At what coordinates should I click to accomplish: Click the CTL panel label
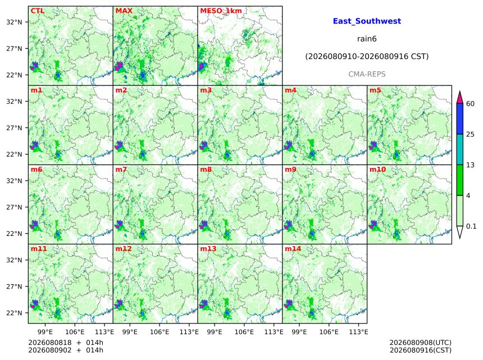point(38,11)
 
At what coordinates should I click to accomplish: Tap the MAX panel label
point(124,11)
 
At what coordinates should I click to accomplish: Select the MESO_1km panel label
point(221,11)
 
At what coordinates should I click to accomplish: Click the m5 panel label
point(375,90)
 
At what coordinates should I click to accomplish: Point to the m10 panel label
point(377,170)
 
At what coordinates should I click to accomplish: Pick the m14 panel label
point(293,249)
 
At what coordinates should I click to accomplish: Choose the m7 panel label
point(121,170)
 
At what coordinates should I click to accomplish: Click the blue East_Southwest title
point(367,21)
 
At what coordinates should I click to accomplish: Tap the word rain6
point(367,39)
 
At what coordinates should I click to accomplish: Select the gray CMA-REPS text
point(367,74)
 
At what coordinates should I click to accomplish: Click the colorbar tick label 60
point(470,104)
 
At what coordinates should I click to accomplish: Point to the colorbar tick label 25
point(470,134)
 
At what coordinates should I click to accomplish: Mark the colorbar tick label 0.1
point(471,226)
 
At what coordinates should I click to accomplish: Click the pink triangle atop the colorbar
point(460,98)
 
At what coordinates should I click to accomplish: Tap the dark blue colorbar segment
point(460,119)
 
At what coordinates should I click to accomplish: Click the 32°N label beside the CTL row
point(14,22)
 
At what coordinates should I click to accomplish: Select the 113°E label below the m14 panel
point(358,332)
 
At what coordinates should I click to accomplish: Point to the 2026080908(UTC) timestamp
point(421,343)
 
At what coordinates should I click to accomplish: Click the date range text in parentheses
point(367,57)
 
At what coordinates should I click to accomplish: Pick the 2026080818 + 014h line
point(66,343)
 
